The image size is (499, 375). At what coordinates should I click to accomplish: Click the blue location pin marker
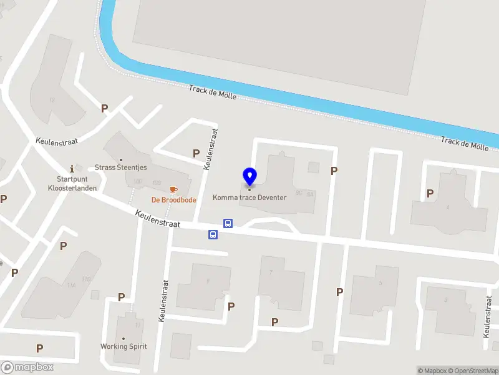click(x=249, y=176)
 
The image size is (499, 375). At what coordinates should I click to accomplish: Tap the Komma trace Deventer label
click(x=249, y=197)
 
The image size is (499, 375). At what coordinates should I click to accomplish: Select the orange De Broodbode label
click(x=174, y=200)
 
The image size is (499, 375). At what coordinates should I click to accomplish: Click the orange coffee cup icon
click(x=173, y=189)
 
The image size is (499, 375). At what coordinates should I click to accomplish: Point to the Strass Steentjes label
click(x=121, y=167)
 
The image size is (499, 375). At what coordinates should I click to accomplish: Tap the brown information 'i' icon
click(x=72, y=168)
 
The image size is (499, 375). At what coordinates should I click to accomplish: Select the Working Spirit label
click(x=123, y=346)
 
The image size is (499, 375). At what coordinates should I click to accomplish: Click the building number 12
click(x=52, y=100)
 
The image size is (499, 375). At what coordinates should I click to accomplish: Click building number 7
click(x=270, y=272)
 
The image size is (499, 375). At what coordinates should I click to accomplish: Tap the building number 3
click(x=445, y=300)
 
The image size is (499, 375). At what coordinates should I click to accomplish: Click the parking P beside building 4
click(x=430, y=194)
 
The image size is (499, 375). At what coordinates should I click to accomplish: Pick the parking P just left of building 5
click(x=340, y=292)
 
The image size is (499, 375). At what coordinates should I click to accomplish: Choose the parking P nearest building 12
click(x=105, y=108)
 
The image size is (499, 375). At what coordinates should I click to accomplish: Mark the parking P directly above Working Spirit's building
click(x=122, y=297)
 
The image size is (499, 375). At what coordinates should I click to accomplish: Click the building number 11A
click(x=72, y=285)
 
